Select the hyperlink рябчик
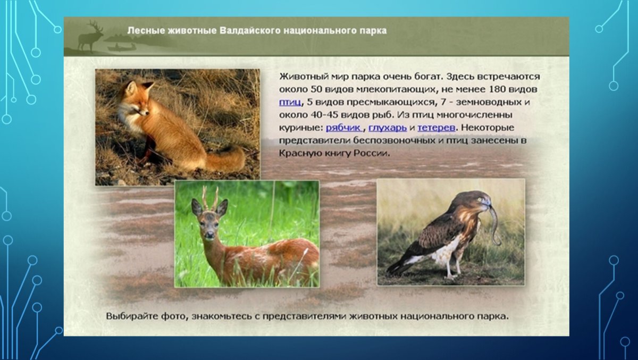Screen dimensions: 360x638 [x=343, y=128]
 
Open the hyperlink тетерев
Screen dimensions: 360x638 [x=436, y=128]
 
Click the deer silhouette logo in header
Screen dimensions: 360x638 [x=92, y=37]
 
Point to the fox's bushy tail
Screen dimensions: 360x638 [x=226, y=158]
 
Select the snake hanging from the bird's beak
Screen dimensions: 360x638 [x=495, y=223]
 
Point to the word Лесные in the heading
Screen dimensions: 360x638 [x=142, y=31]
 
